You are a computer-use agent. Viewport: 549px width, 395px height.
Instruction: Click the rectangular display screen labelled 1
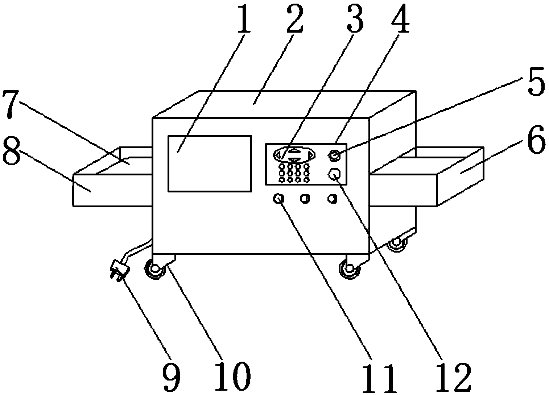coord(210,163)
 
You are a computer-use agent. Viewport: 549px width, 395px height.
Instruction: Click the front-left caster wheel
coord(155,270)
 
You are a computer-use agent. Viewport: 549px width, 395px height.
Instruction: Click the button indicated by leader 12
coord(334,174)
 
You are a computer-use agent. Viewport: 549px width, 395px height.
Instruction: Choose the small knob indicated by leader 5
coord(334,157)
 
